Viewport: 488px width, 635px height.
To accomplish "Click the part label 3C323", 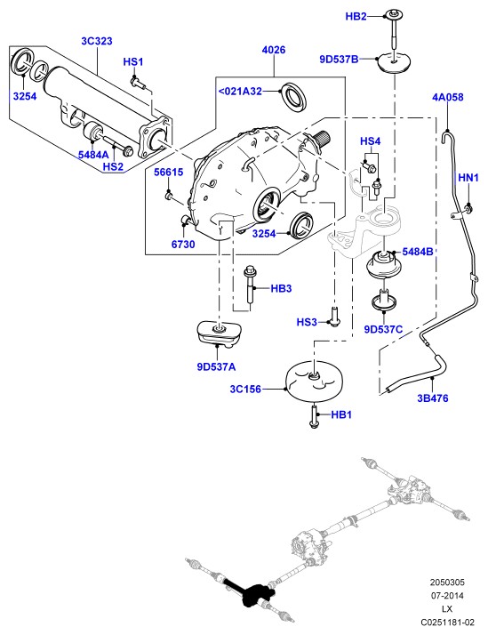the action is coord(97,41).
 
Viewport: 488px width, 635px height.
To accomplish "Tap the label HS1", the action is coord(133,62).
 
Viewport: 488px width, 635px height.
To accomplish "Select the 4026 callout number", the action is coord(274,50).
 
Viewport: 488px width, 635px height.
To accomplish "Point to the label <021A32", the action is coord(240,92).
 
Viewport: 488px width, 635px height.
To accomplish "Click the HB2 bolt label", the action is coord(356,17).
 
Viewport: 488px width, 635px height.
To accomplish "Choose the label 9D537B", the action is coord(339,60).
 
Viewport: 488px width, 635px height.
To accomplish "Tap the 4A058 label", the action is coord(448,97).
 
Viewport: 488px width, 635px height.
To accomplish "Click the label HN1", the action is coord(468,178).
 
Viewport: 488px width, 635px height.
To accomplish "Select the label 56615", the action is coord(168,173).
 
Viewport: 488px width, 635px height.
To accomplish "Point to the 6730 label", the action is coord(183,245).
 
